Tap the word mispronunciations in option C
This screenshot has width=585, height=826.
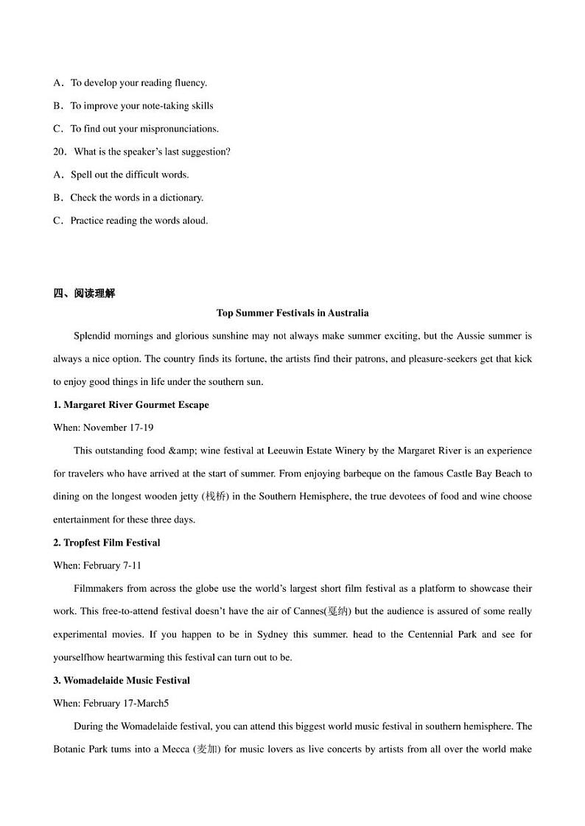click(x=179, y=129)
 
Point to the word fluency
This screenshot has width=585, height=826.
click(x=189, y=83)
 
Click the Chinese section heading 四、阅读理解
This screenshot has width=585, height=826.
click(x=84, y=293)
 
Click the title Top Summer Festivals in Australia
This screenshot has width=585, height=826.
click(x=292, y=313)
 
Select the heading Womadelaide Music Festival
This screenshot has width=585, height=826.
click(x=122, y=680)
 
